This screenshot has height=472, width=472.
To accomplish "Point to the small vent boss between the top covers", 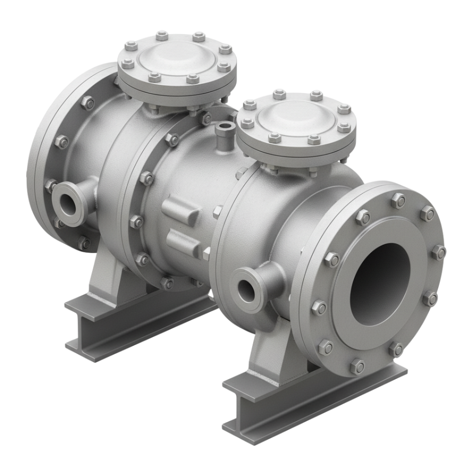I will coord(224,127).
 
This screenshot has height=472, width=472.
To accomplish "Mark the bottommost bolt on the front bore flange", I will coord(358,366).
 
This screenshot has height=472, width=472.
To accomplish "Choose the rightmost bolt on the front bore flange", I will coord(439,252).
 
